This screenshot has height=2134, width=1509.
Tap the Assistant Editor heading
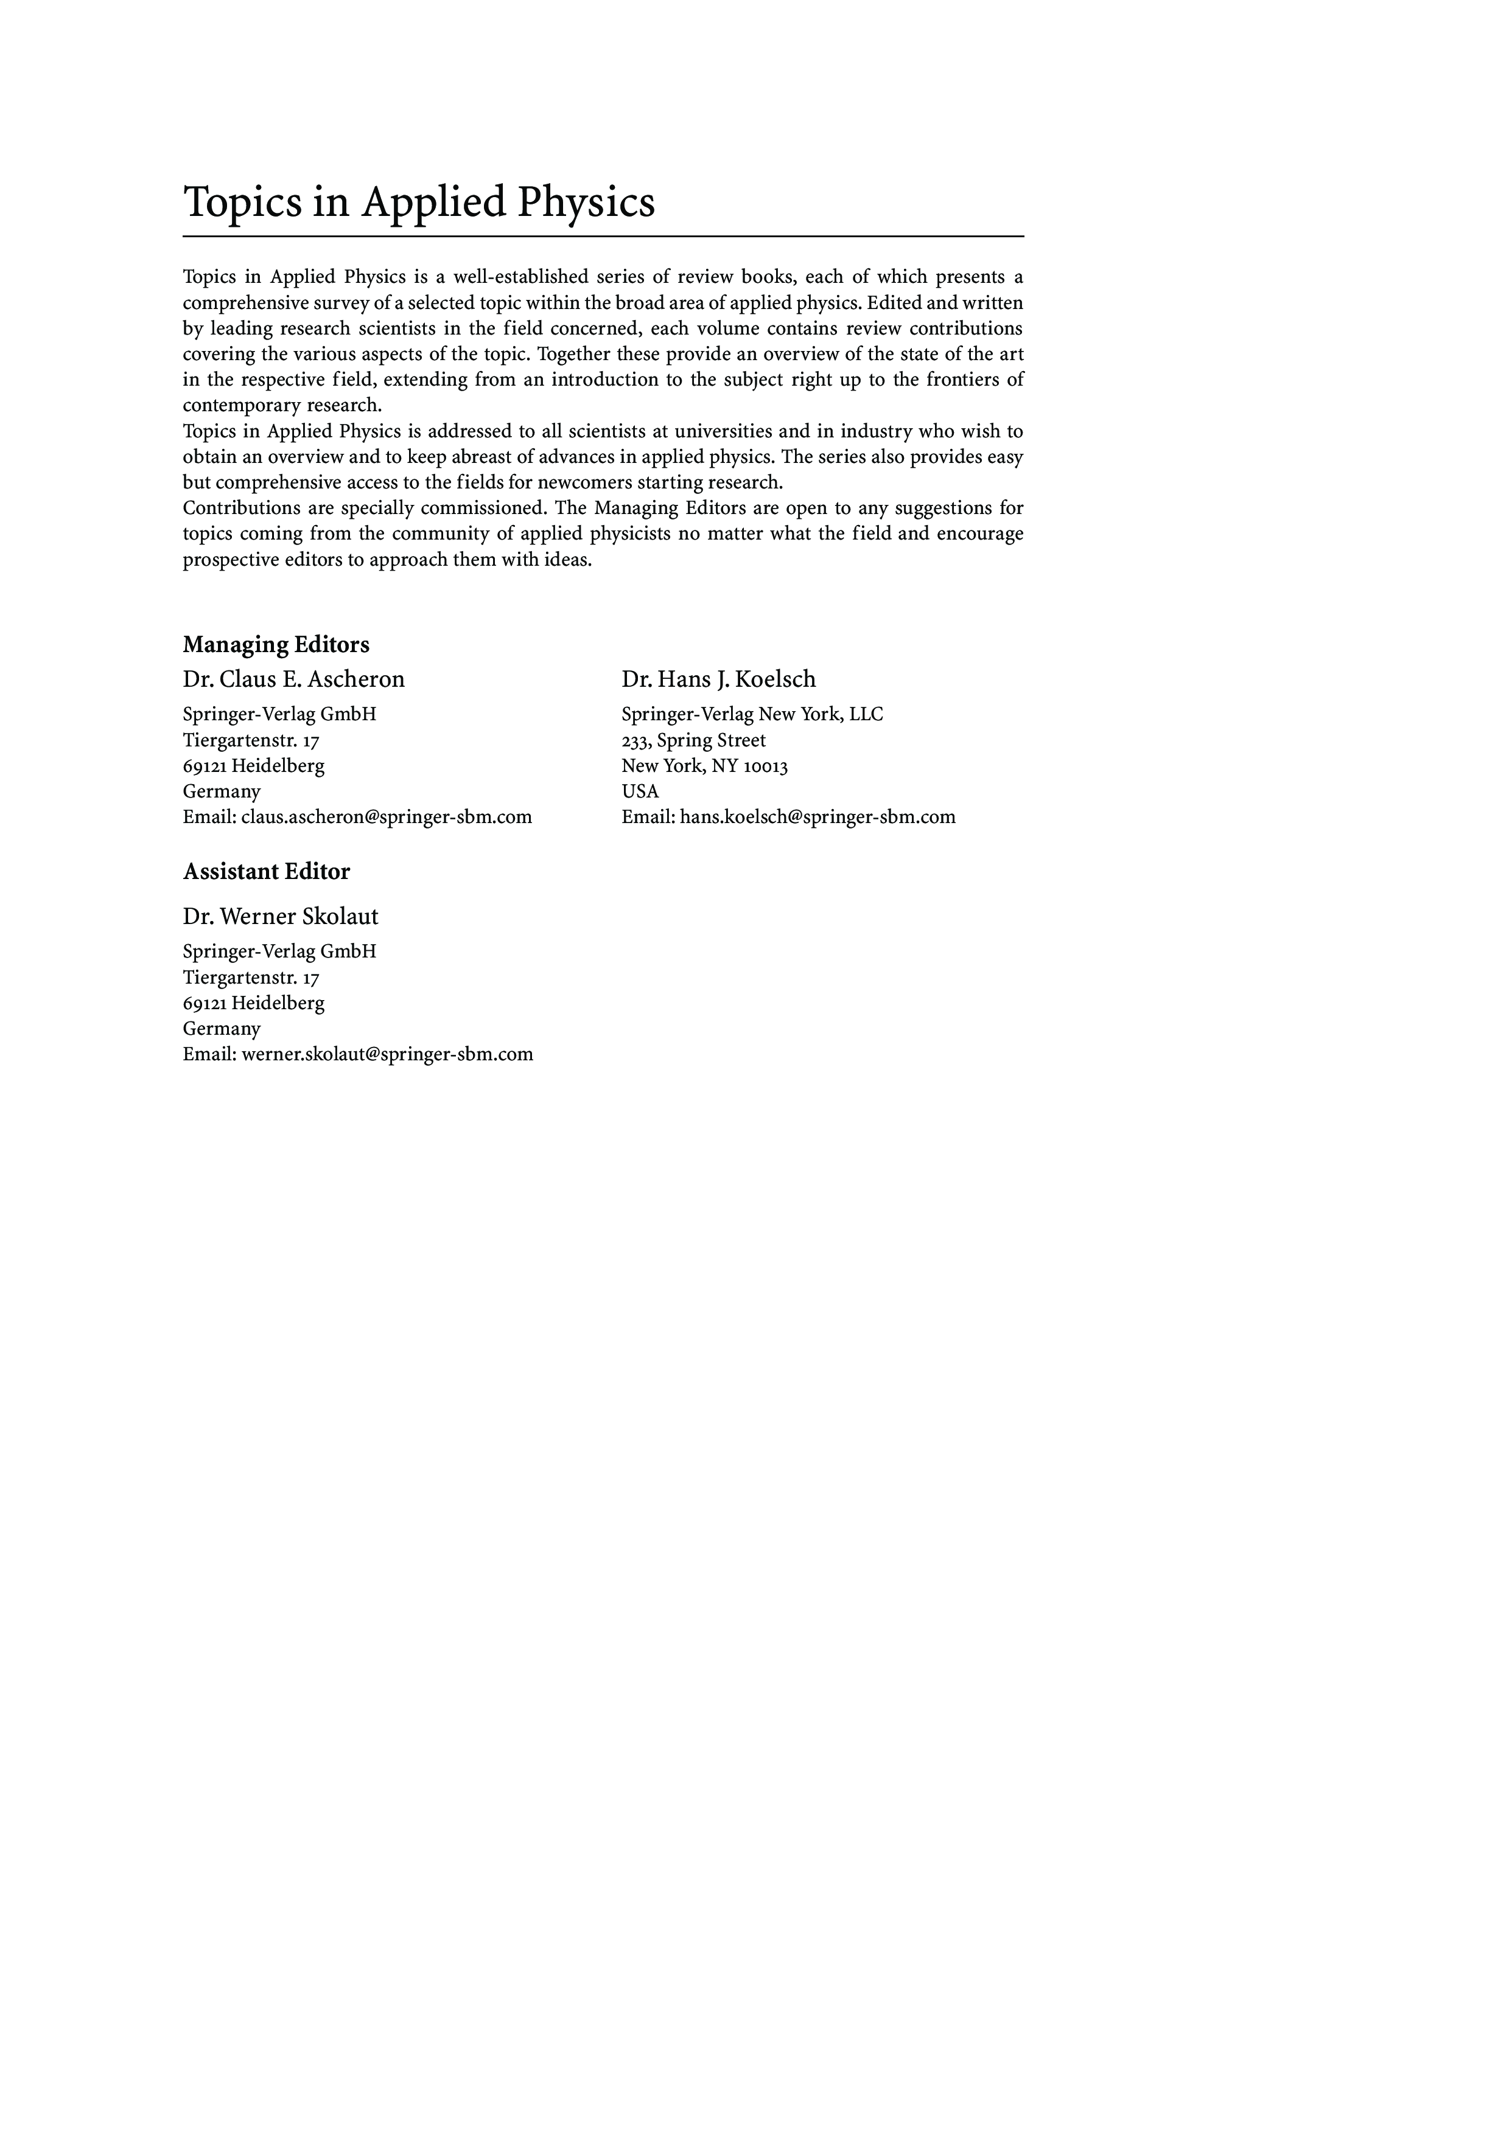266,871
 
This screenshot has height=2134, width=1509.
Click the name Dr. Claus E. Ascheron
294,679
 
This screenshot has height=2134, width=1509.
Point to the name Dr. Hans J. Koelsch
719,679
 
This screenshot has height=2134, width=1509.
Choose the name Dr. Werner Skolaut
280,916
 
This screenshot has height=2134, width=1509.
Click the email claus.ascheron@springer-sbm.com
386,817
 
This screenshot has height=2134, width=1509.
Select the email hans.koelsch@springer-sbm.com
818,817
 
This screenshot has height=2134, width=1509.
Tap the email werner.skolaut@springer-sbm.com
387,1054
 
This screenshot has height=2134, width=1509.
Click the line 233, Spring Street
693,741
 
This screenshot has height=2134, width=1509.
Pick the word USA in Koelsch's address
640,791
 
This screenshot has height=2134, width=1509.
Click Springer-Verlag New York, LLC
752,714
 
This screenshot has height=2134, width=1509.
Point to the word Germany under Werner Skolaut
222,1028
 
